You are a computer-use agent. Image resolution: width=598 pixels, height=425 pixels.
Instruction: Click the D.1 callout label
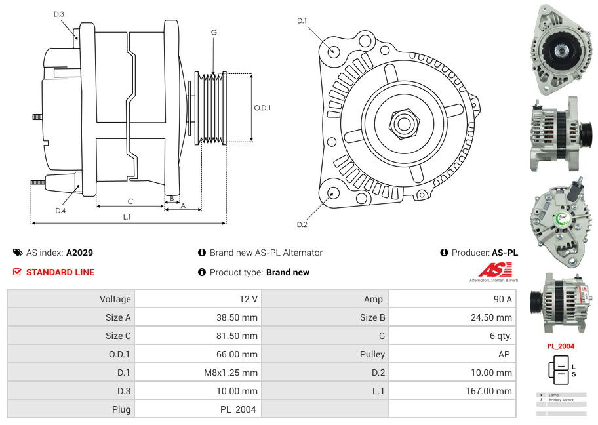(x=302, y=21)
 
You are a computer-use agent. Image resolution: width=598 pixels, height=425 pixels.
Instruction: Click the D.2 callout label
(x=302, y=225)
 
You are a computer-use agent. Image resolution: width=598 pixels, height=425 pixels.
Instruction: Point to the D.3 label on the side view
(x=59, y=14)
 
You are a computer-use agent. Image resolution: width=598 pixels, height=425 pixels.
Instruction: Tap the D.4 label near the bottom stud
(x=60, y=211)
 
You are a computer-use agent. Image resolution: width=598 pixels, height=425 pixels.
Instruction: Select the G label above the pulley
(x=214, y=32)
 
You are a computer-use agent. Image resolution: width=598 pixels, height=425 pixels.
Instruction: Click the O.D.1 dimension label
(x=262, y=108)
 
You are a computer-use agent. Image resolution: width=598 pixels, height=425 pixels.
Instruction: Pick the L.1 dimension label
(x=127, y=217)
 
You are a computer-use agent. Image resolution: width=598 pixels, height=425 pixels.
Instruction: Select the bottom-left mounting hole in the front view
(x=333, y=193)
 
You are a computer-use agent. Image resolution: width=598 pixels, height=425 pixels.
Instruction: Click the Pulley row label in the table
(x=373, y=354)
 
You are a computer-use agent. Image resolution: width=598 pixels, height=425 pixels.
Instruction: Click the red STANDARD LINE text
(x=60, y=272)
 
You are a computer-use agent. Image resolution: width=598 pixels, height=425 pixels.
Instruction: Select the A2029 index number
(x=79, y=253)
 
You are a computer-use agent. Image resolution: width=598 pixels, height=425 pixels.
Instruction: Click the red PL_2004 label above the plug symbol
(x=561, y=346)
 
